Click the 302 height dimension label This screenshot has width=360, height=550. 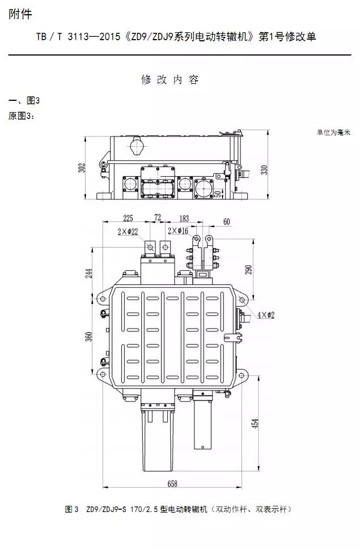(82, 168)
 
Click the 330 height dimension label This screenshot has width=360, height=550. (264, 170)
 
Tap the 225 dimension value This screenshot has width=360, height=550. (128, 218)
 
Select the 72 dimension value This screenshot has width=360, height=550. (158, 218)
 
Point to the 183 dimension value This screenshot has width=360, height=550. (184, 218)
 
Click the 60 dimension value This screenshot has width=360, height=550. (227, 221)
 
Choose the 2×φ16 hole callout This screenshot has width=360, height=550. (178, 231)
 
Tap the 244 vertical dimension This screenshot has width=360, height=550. (88, 273)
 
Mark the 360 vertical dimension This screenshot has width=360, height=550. (88, 336)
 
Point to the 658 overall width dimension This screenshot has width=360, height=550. (172, 483)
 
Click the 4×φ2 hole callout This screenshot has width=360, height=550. (265, 315)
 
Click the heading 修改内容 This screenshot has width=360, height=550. (170, 79)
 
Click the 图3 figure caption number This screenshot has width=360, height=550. (72, 509)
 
